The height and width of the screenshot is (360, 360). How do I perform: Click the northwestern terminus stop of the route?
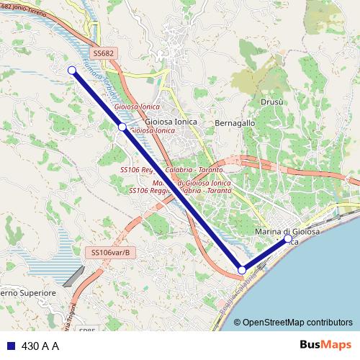71,70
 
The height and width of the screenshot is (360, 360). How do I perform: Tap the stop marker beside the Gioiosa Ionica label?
122,127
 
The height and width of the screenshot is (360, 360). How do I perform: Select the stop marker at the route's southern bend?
242,270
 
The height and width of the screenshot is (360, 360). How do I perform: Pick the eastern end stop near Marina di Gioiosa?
288,238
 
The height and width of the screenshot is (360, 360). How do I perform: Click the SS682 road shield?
104,54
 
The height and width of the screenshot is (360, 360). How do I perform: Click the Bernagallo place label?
235,123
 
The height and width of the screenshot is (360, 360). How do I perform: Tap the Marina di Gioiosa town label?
288,232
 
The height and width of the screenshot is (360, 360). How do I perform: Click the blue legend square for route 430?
11,346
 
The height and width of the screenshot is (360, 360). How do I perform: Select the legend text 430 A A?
40,346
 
